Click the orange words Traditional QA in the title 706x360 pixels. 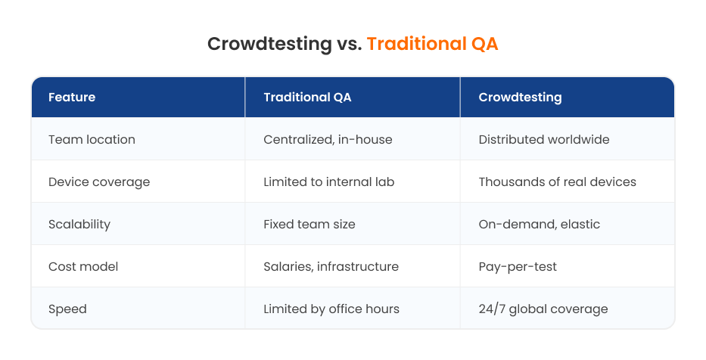[x=432, y=44]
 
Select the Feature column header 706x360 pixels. [x=72, y=98]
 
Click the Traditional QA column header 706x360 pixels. [x=307, y=98]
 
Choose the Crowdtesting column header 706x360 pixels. [x=520, y=98]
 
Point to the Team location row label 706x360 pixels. [x=92, y=139]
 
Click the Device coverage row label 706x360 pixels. [x=99, y=182]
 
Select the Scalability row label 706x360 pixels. [x=79, y=224]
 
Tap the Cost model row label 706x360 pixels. [x=83, y=266]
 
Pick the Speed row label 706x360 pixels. [x=67, y=309]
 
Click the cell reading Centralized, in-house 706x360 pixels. [x=328, y=139]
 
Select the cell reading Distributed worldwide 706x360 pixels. [x=544, y=139]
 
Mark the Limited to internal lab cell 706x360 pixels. [x=329, y=182]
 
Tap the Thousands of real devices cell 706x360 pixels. [x=557, y=182]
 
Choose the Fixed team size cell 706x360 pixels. [x=309, y=224]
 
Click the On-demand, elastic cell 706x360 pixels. [x=539, y=224]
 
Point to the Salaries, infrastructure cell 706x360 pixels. [x=331, y=266]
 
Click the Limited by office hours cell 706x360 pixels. [x=331, y=309]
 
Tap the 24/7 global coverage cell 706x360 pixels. [x=543, y=309]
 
